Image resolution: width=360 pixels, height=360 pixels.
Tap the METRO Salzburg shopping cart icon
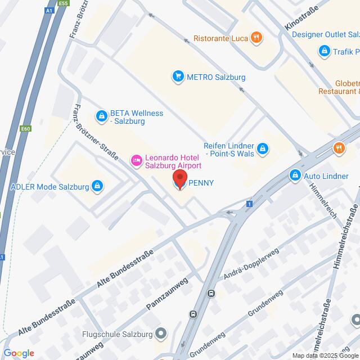pyautogui.click(x=178, y=76)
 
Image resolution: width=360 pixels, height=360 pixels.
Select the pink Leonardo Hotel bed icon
pyautogui.click(x=136, y=161)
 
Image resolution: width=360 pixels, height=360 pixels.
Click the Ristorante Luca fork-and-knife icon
pyautogui.click(x=256, y=38)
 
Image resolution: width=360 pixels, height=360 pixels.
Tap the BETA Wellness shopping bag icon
pyautogui.click(x=101, y=116)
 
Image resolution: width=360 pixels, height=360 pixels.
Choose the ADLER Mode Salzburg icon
pyautogui.click(x=97, y=186)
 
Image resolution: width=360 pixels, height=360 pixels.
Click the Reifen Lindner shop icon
pyautogui.click(x=262, y=149)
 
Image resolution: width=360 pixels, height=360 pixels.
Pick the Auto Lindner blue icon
pyautogui.click(x=294, y=176)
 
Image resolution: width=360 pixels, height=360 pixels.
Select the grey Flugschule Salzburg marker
pyautogui.click(x=161, y=334)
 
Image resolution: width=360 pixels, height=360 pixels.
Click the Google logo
pyautogui.click(x=18, y=353)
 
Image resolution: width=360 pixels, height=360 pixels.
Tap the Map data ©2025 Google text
pyautogui.click(x=325, y=355)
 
